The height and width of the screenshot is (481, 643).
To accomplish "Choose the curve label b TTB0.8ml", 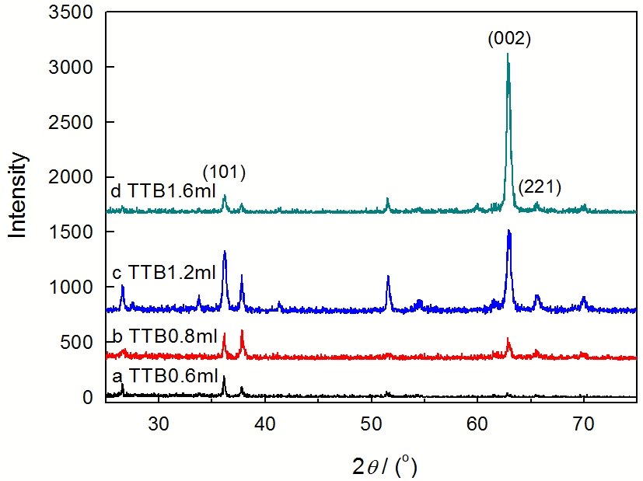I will point(161,336).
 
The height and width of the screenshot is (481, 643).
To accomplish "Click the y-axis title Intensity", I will point(19,194).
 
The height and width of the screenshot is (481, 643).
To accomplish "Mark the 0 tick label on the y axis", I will point(89,398).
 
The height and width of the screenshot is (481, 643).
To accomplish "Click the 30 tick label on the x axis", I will point(159,423).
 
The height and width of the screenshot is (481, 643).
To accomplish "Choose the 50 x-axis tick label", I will point(371,423).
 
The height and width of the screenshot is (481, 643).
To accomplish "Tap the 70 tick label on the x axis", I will point(583,423).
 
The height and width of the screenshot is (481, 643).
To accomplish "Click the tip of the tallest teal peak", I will point(508,54).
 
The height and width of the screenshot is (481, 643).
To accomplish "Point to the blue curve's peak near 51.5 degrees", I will point(388,277).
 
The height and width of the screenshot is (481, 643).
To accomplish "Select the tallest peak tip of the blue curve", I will point(508,231).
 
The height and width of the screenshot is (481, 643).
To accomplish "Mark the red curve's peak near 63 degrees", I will point(508,340).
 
